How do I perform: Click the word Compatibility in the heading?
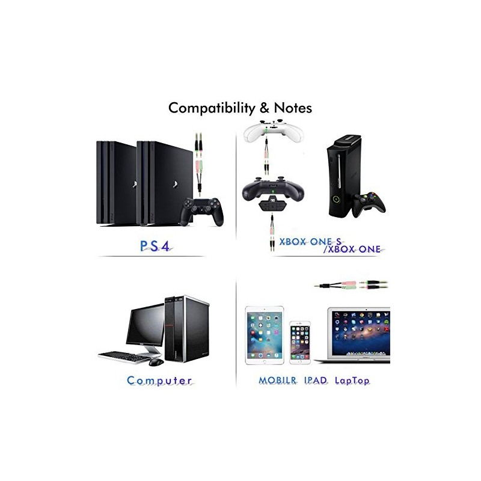coord(212,109)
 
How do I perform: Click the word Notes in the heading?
coord(293,108)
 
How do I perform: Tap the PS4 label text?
coord(155,247)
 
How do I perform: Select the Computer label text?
coord(159,381)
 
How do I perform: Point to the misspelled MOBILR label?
coord(278,381)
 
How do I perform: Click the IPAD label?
coord(315,381)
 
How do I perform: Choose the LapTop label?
coord(352,381)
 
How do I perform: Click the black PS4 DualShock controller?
coord(202,210)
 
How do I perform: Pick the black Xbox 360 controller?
coord(368,204)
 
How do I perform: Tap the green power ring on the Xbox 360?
coord(337,200)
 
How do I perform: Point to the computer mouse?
coord(156,362)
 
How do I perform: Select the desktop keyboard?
coord(123,357)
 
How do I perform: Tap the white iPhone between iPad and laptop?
coord(300,342)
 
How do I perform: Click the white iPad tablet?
coord(265,335)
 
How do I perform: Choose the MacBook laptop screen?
coord(359,332)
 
